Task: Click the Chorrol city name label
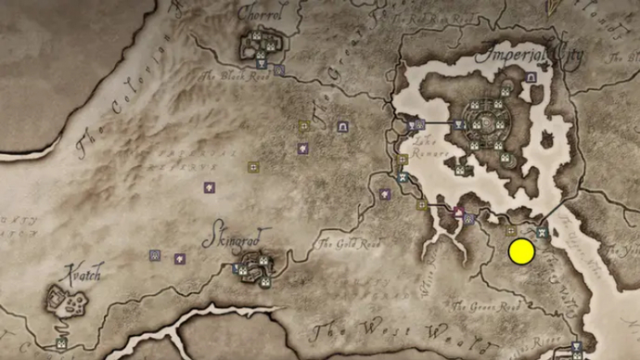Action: [x=259, y=15]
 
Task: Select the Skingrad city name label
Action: [x=229, y=238]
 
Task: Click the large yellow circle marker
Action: [x=521, y=251]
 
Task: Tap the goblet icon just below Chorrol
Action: [x=261, y=64]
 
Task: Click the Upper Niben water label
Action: [x=612, y=242]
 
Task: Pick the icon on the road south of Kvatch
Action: [x=61, y=342]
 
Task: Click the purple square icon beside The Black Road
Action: [x=279, y=70]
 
